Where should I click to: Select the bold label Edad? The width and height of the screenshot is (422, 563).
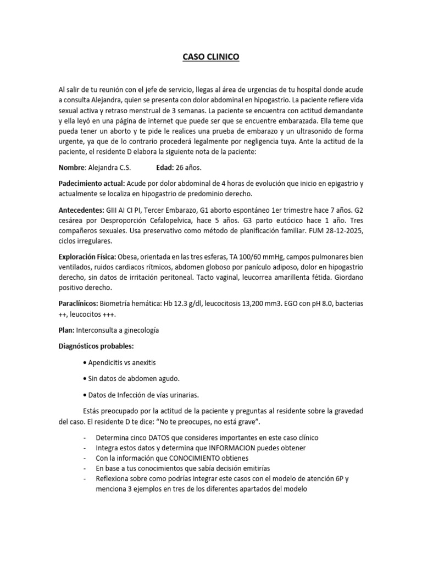point(166,167)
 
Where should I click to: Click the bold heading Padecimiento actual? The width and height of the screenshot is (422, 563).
point(91,183)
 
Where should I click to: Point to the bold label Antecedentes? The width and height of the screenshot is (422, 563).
point(81,210)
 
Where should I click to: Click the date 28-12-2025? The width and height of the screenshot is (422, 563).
point(337,230)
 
